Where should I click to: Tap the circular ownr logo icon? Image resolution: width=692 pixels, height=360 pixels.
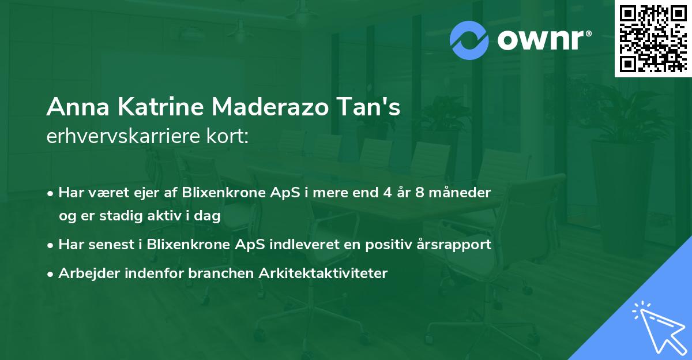tap(469, 40)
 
